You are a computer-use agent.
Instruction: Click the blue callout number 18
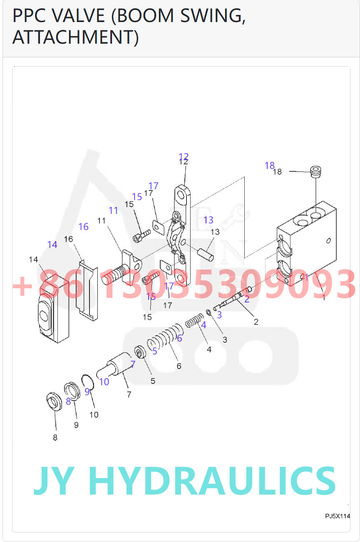(270, 166)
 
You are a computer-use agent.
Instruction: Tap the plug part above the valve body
(316, 171)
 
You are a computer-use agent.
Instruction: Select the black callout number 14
(33, 260)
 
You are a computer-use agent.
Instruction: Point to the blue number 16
(83, 227)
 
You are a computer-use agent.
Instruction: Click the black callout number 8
(55, 438)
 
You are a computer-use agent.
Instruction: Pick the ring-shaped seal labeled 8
(54, 402)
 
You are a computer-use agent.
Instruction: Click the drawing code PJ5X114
(337, 516)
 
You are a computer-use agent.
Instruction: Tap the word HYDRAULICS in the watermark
(212, 480)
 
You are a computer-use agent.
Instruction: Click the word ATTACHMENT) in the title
(75, 37)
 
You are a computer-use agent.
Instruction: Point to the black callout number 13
(215, 232)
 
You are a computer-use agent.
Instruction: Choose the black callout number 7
(129, 394)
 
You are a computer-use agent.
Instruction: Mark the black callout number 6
(179, 366)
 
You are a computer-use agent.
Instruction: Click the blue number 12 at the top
(184, 156)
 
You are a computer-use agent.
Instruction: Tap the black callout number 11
(102, 221)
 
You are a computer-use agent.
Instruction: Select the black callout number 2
(256, 322)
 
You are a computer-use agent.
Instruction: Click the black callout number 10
(94, 414)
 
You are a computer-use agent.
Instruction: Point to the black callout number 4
(209, 349)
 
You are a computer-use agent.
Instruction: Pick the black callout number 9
(76, 425)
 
